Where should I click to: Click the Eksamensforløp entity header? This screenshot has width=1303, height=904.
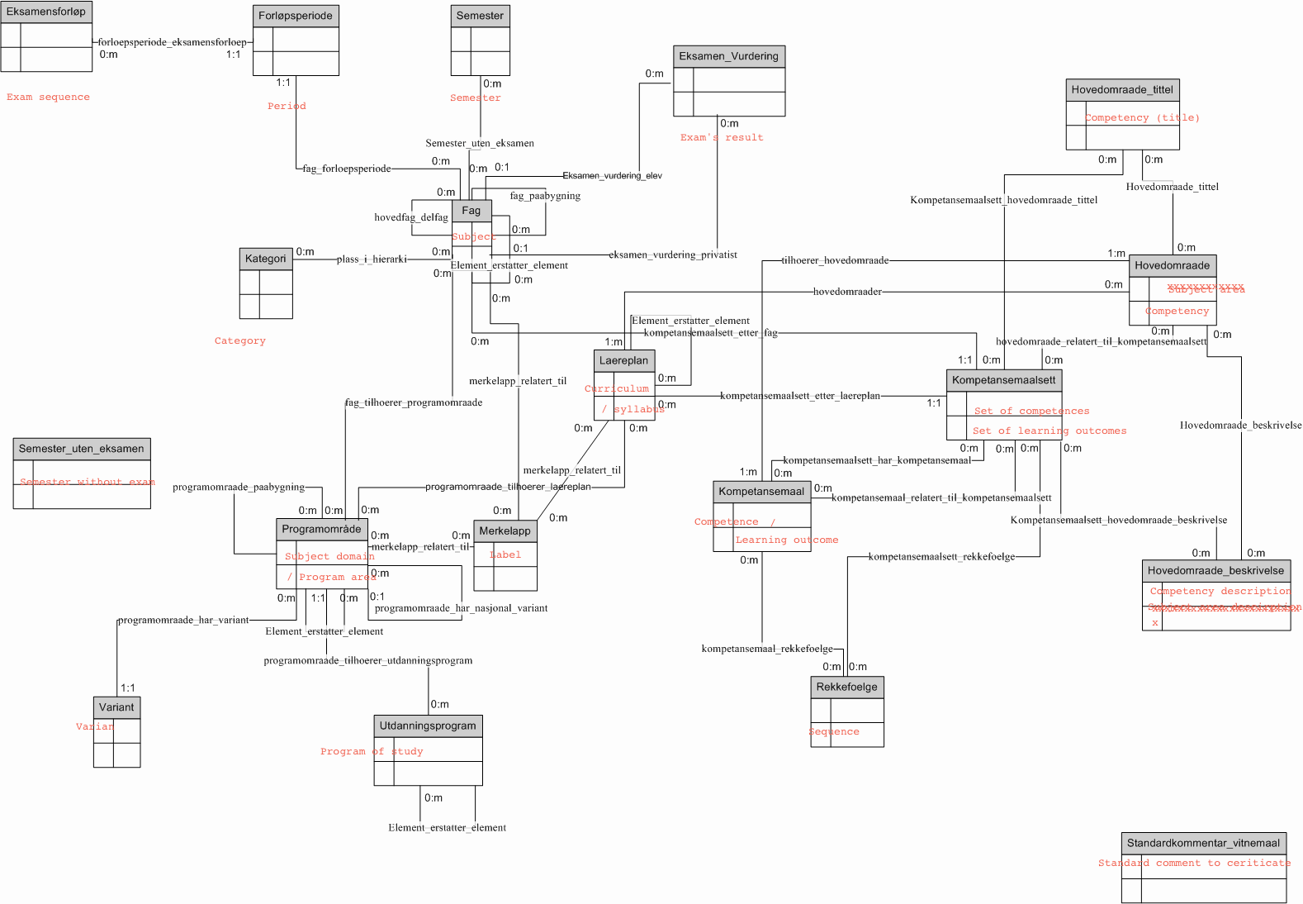(46, 12)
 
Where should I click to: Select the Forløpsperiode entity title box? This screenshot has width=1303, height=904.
(296, 16)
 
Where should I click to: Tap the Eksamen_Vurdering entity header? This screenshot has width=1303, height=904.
(728, 56)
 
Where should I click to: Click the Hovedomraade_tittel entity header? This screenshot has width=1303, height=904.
(1122, 89)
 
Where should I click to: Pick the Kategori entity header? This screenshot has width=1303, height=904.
(266, 259)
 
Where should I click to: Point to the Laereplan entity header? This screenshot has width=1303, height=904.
(624, 360)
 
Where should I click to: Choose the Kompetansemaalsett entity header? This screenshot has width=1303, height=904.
(1003, 380)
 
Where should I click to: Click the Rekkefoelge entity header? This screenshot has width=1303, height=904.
(847, 687)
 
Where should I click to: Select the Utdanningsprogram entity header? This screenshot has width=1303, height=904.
(428, 726)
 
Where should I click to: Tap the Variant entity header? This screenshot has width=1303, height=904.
(116, 707)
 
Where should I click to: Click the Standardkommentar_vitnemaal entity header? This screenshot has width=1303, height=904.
(1203, 843)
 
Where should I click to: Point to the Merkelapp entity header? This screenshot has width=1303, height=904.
(505, 531)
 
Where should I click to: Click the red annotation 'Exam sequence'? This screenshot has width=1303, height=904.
(48, 97)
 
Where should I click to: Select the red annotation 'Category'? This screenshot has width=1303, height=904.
(240, 340)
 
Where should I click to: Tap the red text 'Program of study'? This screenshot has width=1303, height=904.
(372, 751)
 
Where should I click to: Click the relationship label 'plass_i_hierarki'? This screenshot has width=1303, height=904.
(372, 259)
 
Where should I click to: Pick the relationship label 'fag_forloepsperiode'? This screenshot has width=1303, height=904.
(347, 169)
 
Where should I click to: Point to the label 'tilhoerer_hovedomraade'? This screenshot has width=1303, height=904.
(835, 260)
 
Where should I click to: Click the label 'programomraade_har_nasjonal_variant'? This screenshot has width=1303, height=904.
(461, 608)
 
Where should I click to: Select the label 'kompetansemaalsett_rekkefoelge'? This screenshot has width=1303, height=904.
(941, 557)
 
